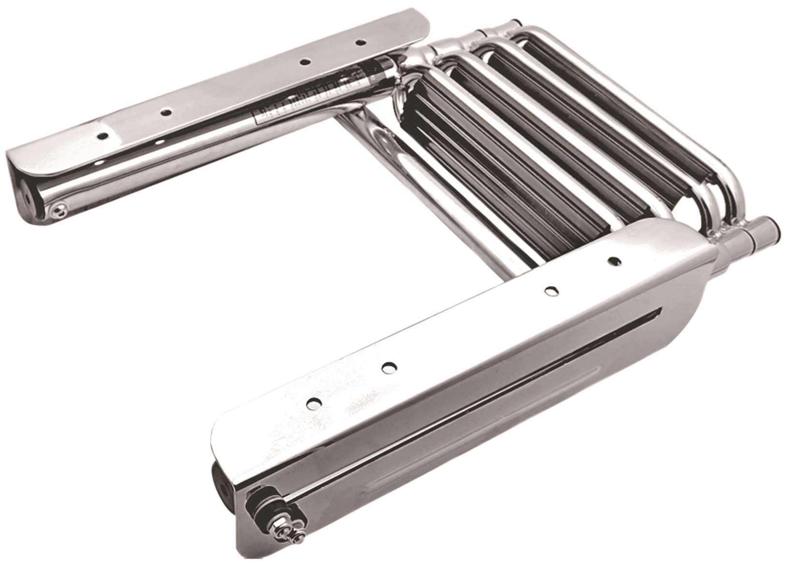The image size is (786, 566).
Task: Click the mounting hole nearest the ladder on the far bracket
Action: tap(359, 43)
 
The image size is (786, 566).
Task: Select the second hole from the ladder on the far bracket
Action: tap(304, 61)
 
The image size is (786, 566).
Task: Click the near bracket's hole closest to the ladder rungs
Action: tap(613, 261)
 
